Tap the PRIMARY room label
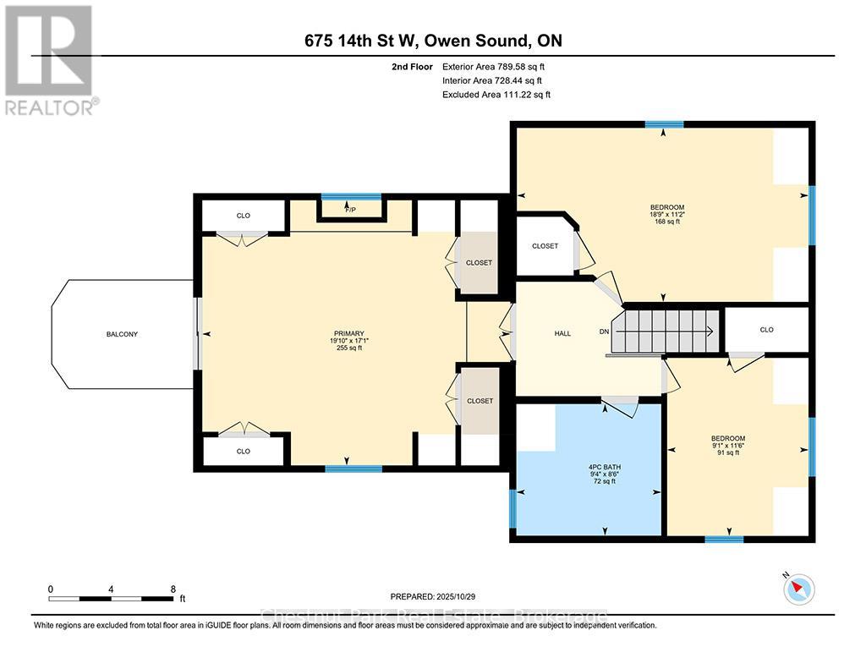[x=347, y=333]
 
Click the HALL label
[x=562, y=333]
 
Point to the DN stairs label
[x=604, y=332]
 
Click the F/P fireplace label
[x=350, y=207]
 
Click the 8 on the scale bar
[x=173, y=589]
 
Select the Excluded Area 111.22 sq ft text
[x=496, y=95]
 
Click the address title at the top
[x=433, y=41]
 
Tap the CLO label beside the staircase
[x=766, y=330]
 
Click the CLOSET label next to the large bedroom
[x=545, y=246]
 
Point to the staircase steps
[x=665, y=331]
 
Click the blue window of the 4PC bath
[x=512, y=507]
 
